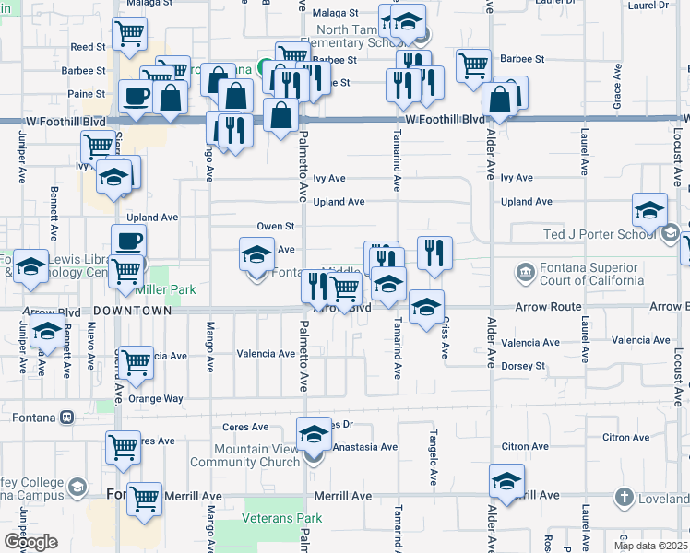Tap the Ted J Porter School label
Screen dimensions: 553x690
tap(599, 234)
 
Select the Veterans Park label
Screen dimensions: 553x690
tap(281, 518)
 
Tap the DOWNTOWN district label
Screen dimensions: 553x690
tap(133, 312)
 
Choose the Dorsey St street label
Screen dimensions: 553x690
tap(522, 366)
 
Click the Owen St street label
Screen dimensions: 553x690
tap(275, 226)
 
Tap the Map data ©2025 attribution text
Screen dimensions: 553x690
tap(650, 546)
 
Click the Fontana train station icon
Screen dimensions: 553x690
tap(66, 418)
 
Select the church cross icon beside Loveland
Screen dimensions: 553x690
tap(625, 498)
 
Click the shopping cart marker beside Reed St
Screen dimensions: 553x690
tap(129, 35)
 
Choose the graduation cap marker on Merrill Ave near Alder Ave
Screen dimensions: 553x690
tap(506, 481)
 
